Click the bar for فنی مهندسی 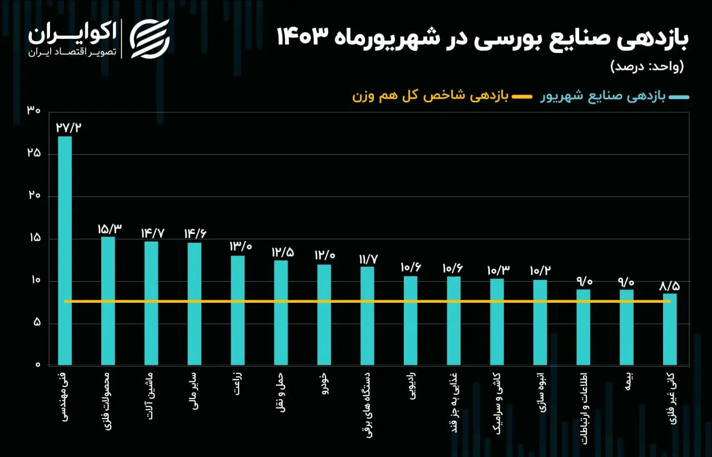coord(65,250)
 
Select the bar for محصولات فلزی coord(108,301)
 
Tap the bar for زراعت coord(238,311)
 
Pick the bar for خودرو coord(324,315)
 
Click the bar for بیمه coord(626,327)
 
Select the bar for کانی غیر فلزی coord(670,330)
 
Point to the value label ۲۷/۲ coord(68,127)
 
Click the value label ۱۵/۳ coord(109,228)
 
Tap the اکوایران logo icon coord(150,38)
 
